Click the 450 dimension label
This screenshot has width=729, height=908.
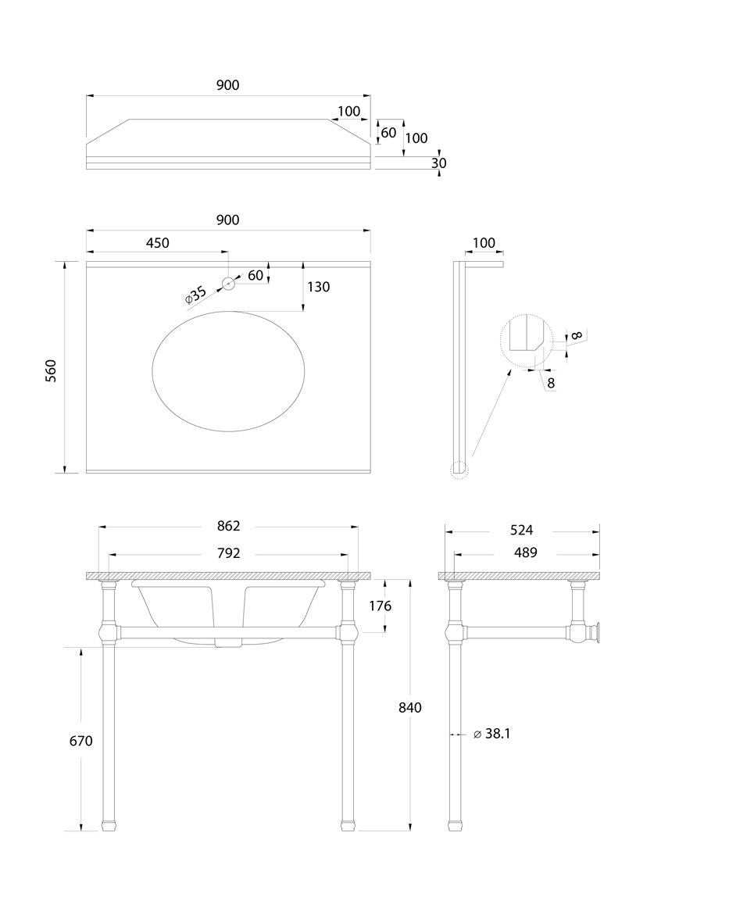(157, 243)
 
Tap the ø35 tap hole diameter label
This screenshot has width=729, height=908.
(195, 295)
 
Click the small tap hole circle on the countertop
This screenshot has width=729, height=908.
(228, 284)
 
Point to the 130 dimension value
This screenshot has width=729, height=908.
(318, 287)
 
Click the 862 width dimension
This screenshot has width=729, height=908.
(228, 526)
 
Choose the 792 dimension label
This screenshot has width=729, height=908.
(228, 553)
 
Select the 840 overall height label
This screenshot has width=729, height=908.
(409, 707)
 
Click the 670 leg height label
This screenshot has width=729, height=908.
(80, 740)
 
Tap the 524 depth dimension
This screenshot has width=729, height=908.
(521, 531)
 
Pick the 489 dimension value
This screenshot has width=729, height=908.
(525, 552)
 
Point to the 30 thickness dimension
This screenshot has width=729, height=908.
(438, 163)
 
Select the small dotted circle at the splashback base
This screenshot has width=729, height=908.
(459, 470)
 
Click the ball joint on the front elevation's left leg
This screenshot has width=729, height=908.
(109, 631)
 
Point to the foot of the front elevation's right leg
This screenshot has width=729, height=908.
(348, 824)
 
